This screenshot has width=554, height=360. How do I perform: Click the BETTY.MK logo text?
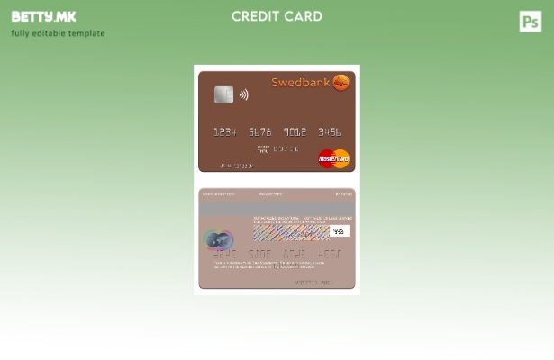(43, 16)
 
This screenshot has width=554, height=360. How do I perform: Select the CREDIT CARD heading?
(277, 16)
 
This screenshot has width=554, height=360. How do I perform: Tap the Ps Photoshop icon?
(531, 22)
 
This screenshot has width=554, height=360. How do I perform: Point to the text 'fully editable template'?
(58, 33)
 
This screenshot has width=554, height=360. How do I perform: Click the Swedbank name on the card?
(300, 83)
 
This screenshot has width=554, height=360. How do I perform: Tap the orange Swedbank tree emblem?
(341, 83)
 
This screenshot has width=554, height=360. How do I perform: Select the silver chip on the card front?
(223, 94)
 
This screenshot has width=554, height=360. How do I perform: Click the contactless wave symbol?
(243, 94)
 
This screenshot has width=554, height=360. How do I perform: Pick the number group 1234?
(224, 132)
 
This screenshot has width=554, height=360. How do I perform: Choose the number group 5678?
(259, 132)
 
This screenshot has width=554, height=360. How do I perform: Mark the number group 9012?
(295, 132)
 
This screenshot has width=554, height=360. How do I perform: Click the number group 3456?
(330, 132)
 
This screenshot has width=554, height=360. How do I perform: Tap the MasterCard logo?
(333, 158)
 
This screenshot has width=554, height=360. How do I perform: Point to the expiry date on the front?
(285, 148)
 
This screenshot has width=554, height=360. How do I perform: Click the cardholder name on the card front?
(236, 166)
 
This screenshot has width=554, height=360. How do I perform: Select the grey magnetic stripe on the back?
(277, 207)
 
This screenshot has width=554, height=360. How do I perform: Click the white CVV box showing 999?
(339, 231)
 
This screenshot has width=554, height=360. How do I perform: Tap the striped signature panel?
(290, 232)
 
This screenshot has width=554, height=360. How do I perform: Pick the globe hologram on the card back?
(218, 239)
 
